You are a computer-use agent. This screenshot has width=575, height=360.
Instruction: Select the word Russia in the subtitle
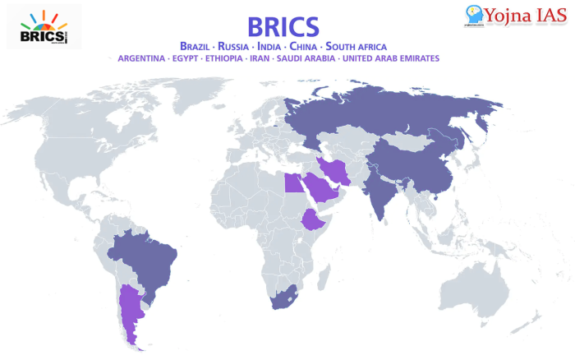point(244,46)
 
